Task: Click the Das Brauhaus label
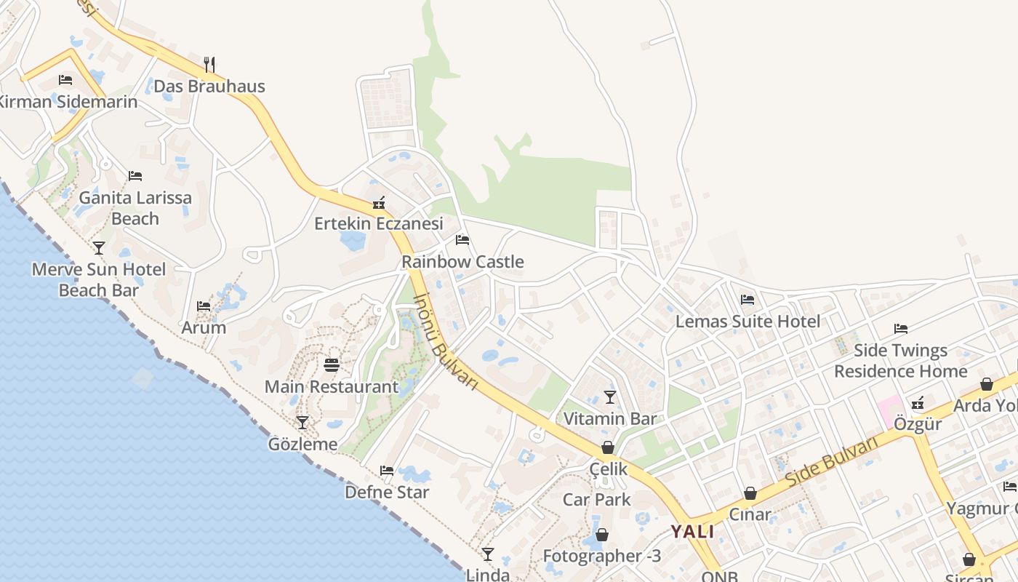[x=209, y=86]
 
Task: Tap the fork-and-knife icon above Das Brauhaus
[x=209, y=64]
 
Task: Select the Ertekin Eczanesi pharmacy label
[x=378, y=223]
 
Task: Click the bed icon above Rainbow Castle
[x=462, y=240]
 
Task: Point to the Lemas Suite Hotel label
[x=748, y=321]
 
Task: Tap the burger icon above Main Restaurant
[x=332, y=364]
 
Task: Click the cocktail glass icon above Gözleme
[x=302, y=422]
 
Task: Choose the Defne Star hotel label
[x=387, y=492]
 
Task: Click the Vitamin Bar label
[x=610, y=418]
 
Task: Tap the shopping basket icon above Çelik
[x=607, y=447]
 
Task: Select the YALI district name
[x=692, y=531]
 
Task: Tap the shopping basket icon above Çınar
[x=750, y=493]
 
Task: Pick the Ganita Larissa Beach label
[x=135, y=208]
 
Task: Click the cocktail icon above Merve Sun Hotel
[x=99, y=247]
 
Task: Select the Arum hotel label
[x=204, y=327]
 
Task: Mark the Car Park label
[x=597, y=500]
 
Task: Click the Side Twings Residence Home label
[x=900, y=361]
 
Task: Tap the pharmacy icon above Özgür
[x=918, y=402]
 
